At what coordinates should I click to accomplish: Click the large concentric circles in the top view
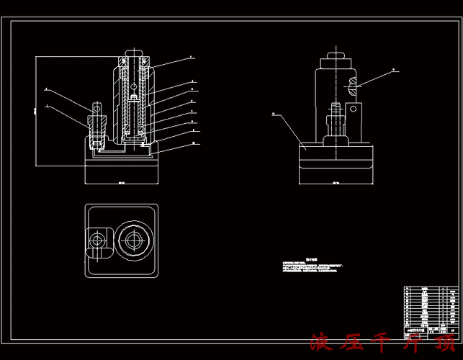[134, 241]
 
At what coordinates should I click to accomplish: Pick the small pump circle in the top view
[97, 240]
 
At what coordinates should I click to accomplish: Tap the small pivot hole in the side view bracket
[354, 109]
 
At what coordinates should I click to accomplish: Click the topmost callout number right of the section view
[191, 55]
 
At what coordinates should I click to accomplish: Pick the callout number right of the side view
[394, 70]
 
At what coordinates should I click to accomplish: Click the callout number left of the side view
[274, 114]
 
